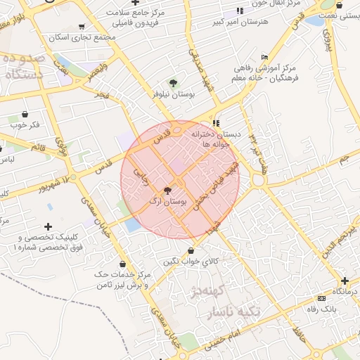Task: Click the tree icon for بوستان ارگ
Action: click(167, 191)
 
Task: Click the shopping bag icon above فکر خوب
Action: click(25, 114)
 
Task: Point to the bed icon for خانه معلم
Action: click(264, 57)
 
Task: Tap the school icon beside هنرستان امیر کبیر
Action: click(239, 11)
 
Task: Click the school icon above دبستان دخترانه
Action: click(217, 123)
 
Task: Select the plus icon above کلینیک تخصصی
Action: click(48, 226)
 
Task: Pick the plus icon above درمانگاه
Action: click(345, 280)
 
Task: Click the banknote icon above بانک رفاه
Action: click(321, 298)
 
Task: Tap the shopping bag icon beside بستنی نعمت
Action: click(339, 6)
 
